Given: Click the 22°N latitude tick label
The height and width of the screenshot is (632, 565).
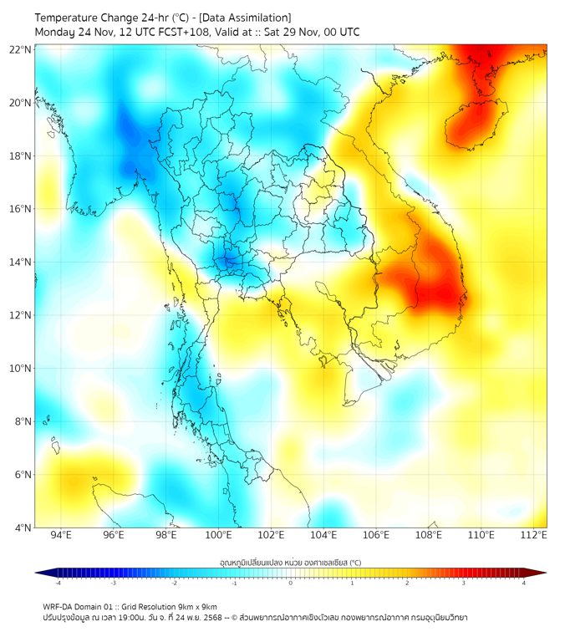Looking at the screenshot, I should [21, 49].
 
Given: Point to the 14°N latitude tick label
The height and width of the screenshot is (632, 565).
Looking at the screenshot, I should [21, 262].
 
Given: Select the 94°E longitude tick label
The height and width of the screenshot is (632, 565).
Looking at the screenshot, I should [61, 535].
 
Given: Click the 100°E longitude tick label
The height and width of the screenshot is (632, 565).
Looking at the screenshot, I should [219, 535].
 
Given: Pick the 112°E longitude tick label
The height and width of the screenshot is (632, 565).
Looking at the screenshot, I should [534, 535].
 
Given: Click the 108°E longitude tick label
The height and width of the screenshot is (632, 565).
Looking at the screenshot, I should [429, 535].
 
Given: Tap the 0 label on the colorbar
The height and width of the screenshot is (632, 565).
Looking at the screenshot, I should [291, 583].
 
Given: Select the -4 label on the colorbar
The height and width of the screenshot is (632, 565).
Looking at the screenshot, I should [57, 583].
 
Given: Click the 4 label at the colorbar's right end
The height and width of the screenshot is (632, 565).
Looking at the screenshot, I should [524, 583].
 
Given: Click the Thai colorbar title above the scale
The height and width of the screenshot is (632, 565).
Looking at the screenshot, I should [290, 563].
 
